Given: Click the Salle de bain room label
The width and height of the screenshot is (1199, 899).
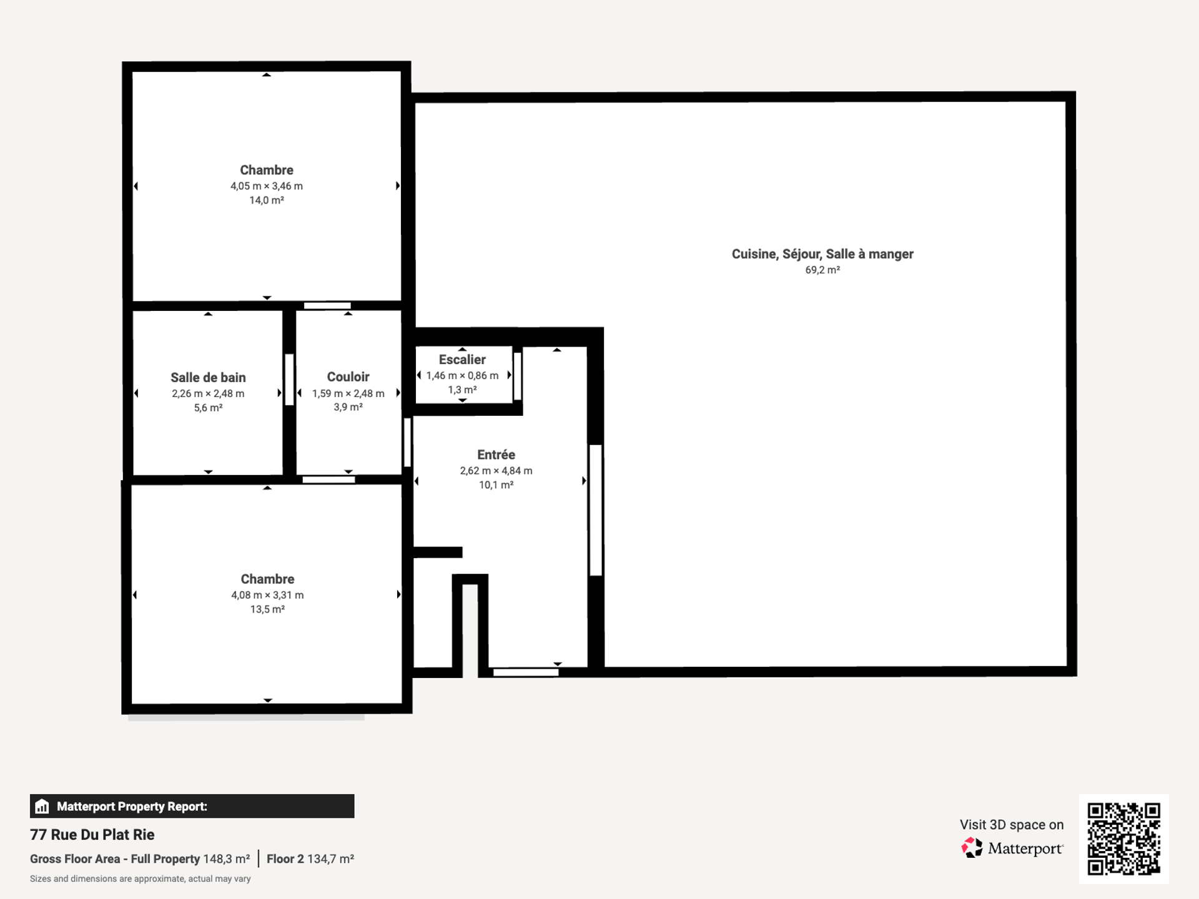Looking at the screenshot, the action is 208,378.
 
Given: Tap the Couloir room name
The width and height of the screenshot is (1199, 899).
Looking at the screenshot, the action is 348,377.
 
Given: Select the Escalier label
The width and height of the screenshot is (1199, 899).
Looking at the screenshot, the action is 462,360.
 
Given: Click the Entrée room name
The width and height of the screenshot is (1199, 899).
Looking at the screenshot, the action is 496,454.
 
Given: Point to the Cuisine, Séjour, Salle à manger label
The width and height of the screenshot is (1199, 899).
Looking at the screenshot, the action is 822,254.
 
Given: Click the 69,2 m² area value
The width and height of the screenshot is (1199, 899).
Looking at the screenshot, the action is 822,270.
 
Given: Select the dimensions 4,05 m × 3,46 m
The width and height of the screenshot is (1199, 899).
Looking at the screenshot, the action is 267,186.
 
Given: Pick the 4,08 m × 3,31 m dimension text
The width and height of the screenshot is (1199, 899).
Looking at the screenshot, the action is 267,595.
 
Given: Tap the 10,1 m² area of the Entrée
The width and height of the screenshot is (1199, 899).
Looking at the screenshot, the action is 496,485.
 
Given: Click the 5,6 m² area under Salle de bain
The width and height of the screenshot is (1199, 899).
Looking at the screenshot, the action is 208,408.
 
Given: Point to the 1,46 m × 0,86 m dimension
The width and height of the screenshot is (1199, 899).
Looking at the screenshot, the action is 462,375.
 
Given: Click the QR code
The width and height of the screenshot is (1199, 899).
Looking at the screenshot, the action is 1124,839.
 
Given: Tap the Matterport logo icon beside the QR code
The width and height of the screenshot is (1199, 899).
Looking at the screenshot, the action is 972,848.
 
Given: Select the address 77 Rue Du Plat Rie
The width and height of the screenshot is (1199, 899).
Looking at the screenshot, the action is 92,835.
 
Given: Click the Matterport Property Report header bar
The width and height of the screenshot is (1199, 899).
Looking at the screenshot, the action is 192,806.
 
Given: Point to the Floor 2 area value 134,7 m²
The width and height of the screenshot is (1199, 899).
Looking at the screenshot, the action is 330,859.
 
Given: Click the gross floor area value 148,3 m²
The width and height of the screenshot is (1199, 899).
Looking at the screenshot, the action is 227,859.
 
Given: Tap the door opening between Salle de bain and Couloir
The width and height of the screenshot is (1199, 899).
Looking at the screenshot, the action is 289,380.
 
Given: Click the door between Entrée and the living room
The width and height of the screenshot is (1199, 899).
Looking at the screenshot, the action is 596,510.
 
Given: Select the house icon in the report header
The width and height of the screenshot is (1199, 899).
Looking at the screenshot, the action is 42,806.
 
